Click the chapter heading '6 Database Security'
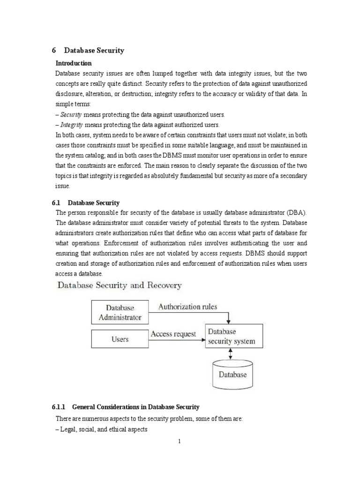pos(88,50)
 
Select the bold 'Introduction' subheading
pos(74,63)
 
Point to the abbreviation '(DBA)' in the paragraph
pos(294,212)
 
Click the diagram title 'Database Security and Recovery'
pos(119,285)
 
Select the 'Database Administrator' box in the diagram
pos(120,312)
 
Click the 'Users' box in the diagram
pos(120,339)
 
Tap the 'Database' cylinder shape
pos(232,374)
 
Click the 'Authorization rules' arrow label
pos(187,307)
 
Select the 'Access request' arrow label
pos(173,334)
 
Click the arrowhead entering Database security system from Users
pos(202,339)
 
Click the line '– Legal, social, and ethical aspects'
pos(102,429)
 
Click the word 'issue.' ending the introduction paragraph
pos(62,186)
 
